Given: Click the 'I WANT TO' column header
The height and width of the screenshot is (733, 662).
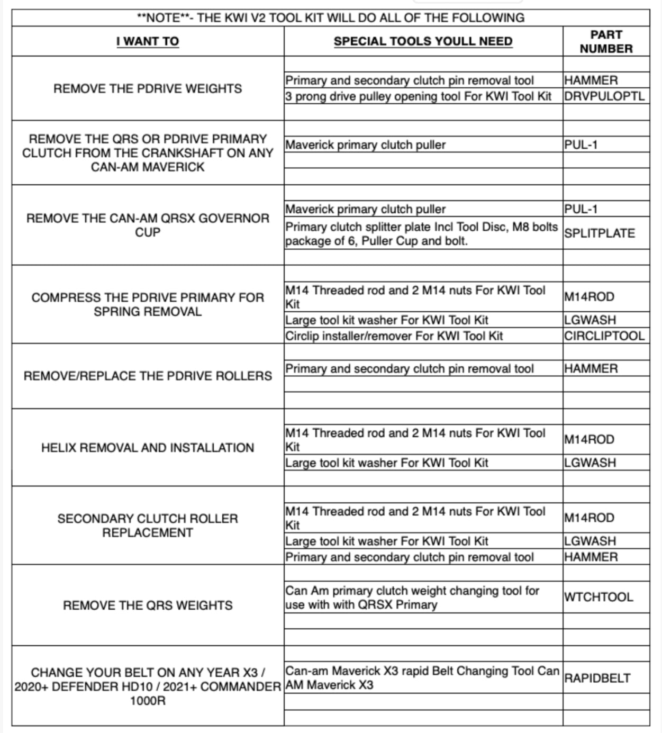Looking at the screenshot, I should pyautogui.click(x=148, y=41).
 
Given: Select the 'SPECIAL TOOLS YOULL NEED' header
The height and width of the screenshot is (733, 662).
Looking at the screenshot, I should pyautogui.click(x=423, y=41).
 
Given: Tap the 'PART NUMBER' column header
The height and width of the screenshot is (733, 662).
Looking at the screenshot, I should pyautogui.click(x=606, y=41).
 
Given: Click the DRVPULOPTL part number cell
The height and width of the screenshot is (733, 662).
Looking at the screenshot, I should pyautogui.click(x=604, y=96).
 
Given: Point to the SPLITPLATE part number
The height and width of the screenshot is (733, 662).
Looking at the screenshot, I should pyautogui.click(x=599, y=233).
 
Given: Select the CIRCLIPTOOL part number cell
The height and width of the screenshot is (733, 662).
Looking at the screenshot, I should pyautogui.click(x=604, y=336).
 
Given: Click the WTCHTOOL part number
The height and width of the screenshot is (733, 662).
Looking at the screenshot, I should pyautogui.click(x=598, y=598).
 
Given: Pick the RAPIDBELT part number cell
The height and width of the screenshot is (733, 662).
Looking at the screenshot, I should pyautogui.click(x=597, y=678).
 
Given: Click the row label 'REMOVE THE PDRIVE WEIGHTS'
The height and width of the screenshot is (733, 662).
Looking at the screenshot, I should pyautogui.click(x=148, y=88).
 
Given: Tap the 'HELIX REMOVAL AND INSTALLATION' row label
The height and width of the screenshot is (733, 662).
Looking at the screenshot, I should pyautogui.click(x=148, y=448).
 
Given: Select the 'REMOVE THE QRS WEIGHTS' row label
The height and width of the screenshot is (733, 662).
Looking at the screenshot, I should pyautogui.click(x=148, y=605).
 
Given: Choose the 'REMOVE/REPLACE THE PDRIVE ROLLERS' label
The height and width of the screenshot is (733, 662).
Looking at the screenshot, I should pyautogui.click(x=148, y=376).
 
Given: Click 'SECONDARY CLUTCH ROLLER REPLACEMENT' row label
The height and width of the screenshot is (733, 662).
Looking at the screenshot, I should pyautogui.click(x=148, y=526).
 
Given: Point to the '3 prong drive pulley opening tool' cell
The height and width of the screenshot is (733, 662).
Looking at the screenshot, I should pyautogui.click(x=418, y=96).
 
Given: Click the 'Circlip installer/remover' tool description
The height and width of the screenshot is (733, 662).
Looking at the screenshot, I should pyautogui.click(x=394, y=336).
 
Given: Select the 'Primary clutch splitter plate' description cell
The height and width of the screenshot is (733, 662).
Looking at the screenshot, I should pyautogui.click(x=421, y=234).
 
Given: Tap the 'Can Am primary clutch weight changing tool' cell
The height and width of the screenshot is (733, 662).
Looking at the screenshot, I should pyautogui.click(x=412, y=598).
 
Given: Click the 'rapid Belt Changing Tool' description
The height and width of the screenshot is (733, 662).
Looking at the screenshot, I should pyautogui.click(x=422, y=678).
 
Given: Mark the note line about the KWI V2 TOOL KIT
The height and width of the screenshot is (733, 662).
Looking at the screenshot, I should pyautogui.click(x=331, y=18).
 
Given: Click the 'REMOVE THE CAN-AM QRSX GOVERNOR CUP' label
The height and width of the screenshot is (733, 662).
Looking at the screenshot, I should pyautogui.click(x=148, y=225).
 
